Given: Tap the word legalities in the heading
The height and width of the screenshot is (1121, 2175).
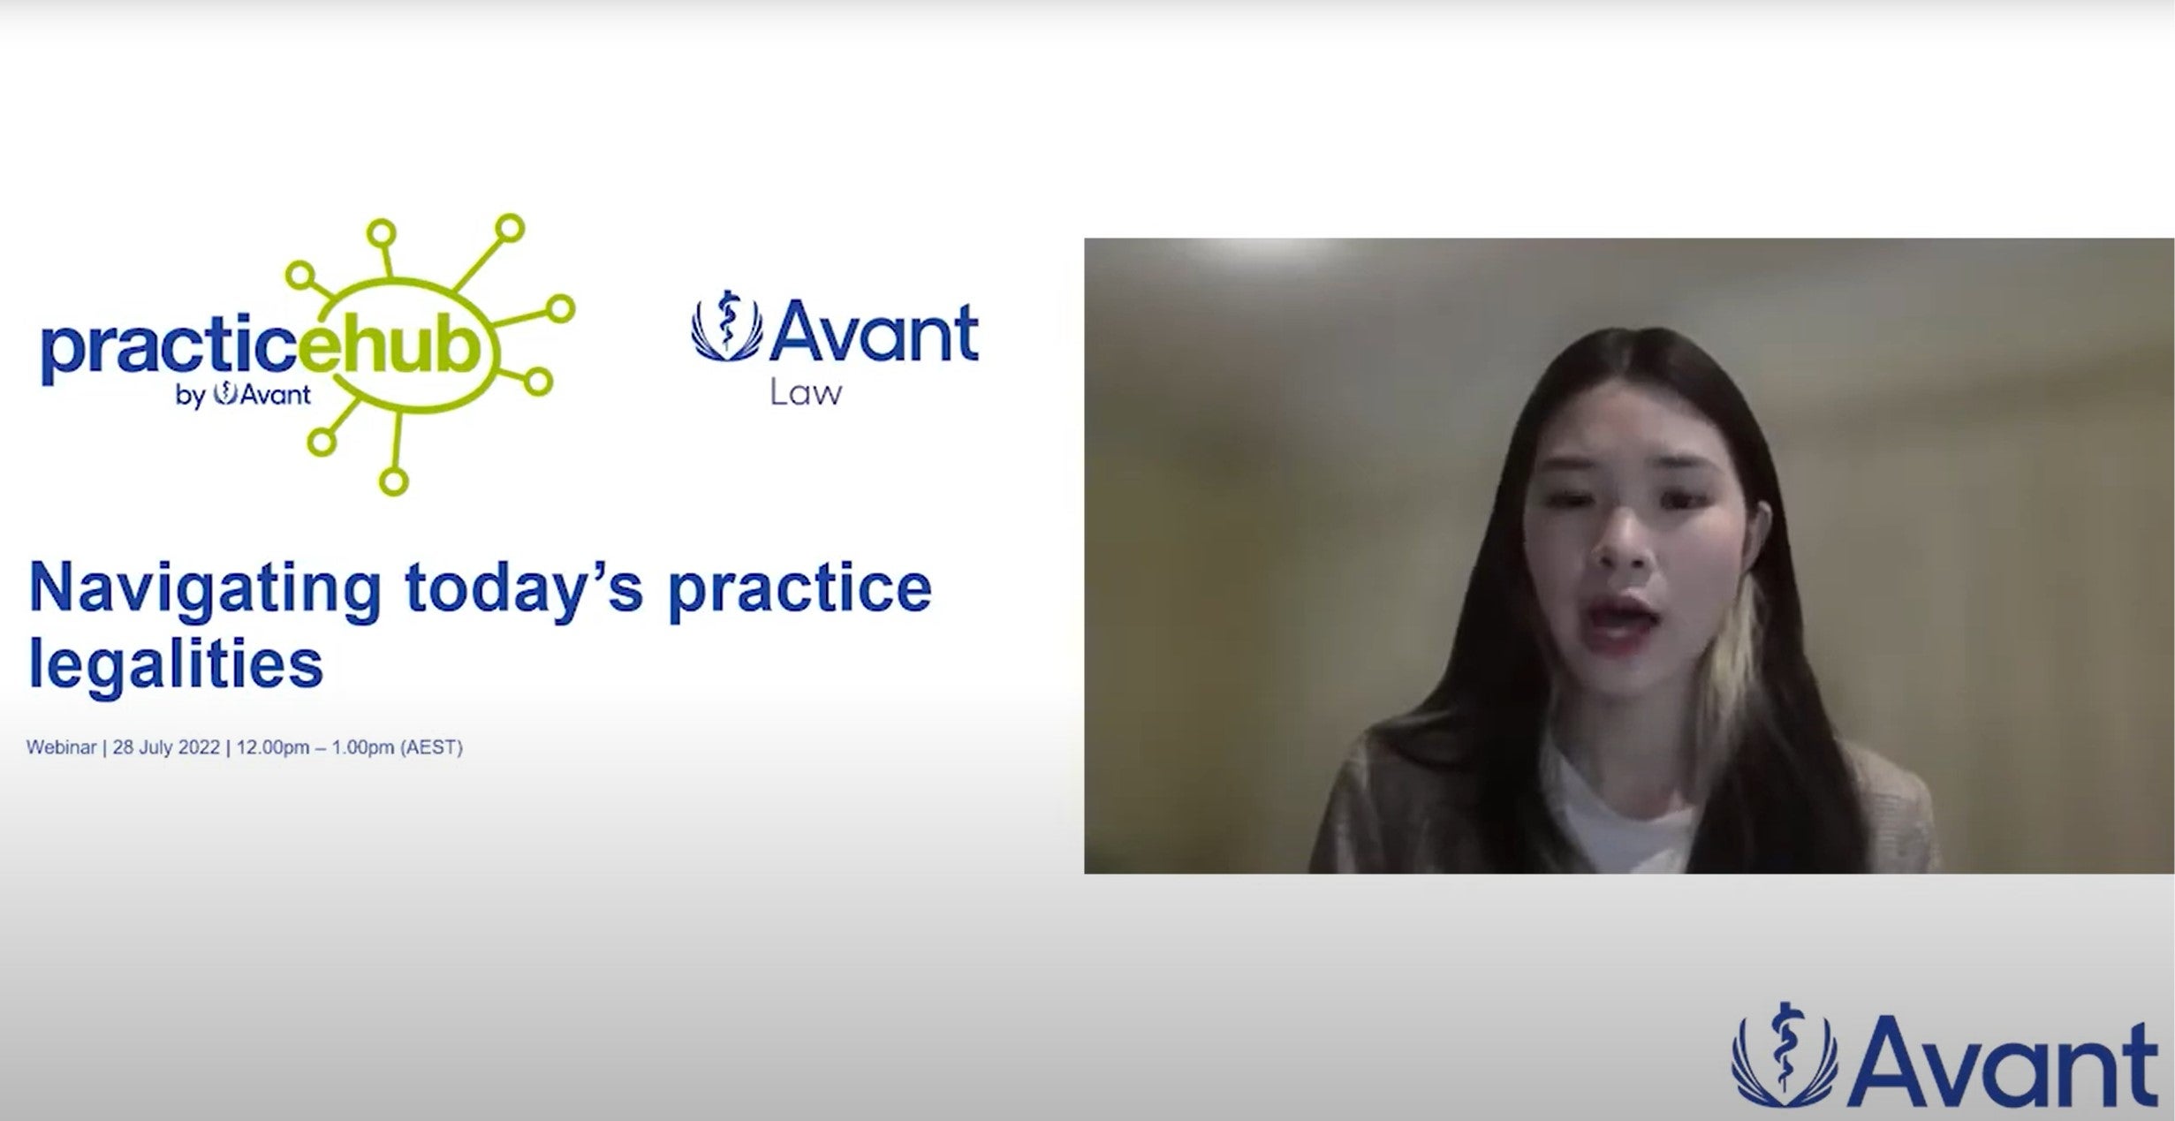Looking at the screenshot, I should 176,664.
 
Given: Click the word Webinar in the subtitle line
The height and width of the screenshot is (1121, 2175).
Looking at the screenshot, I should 61,747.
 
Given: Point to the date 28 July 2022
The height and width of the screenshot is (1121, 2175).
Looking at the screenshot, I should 166,747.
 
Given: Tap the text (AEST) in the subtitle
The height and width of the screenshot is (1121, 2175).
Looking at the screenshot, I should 431,747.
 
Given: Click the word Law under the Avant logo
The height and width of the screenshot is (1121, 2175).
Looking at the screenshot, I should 806,392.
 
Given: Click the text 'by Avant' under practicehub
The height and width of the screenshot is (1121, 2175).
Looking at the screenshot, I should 243,395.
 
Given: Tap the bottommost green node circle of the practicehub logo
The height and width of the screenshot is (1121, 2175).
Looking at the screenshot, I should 393,481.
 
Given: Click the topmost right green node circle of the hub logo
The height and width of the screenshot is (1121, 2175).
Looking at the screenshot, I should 509,229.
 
